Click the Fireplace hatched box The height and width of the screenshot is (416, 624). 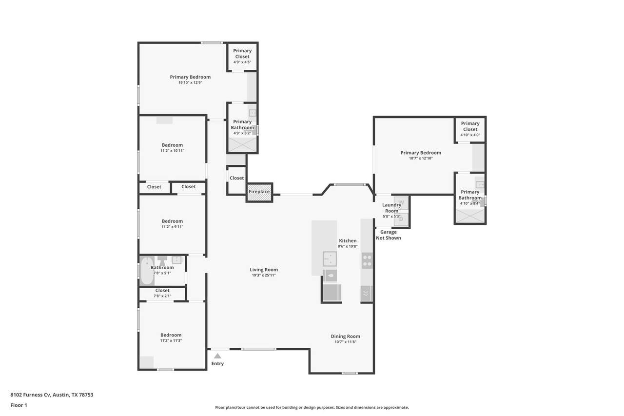(259, 192)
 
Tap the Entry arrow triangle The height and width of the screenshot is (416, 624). (217, 356)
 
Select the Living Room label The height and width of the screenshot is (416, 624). (264, 269)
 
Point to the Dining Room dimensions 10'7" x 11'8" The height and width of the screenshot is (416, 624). (346, 342)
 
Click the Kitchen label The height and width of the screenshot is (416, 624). (348, 240)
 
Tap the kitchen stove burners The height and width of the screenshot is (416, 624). (367, 260)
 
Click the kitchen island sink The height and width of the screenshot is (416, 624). (330, 258)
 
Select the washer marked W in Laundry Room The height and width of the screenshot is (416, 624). (401, 202)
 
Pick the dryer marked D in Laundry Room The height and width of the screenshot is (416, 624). (401, 219)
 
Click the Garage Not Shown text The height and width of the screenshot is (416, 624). (389, 235)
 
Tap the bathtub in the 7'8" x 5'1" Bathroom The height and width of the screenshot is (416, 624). (147, 271)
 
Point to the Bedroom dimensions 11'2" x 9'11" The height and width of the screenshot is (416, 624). (173, 227)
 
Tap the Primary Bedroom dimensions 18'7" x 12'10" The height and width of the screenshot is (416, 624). (421, 158)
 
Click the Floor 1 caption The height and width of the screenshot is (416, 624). (19, 405)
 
